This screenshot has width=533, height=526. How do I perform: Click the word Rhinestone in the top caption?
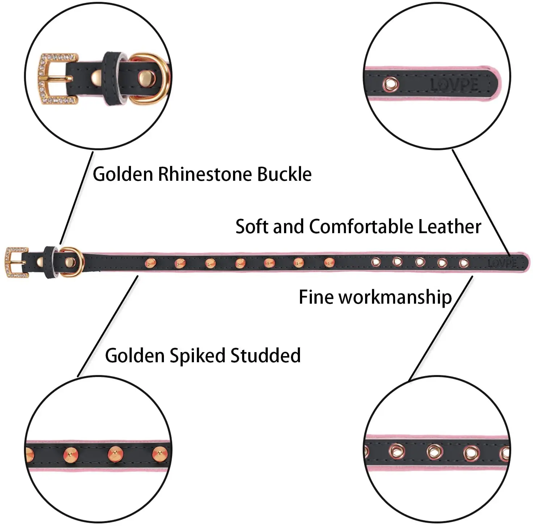point(206,174)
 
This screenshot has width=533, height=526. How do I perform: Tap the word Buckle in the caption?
point(284,174)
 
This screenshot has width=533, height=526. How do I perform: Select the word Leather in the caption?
point(449,227)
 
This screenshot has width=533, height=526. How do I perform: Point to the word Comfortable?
point(361,227)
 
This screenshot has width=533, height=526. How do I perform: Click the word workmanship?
point(395,297)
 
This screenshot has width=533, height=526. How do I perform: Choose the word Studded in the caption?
point(266,355)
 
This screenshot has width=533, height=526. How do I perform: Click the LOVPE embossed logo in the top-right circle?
point(454,85)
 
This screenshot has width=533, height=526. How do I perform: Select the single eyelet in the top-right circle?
point(391,84)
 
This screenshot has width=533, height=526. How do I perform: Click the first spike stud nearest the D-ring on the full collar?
point(150,262)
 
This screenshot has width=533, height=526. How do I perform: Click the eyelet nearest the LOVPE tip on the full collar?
point(464,263)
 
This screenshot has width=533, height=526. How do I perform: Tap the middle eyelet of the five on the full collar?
point(420,262)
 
